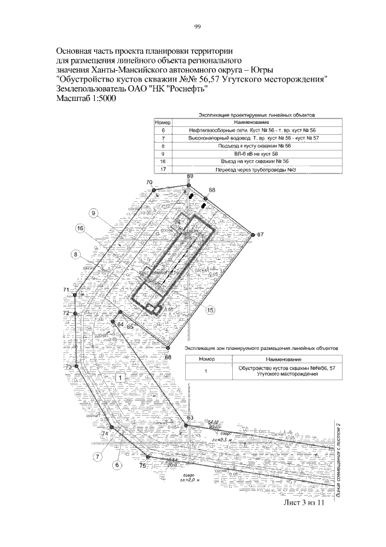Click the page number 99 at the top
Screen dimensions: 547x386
coord(197,26)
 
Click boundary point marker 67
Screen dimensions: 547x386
coord(252,233)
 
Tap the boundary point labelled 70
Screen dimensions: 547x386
coord(154,189)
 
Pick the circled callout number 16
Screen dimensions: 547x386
coord(80,228)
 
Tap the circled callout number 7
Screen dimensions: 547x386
coord(96,457)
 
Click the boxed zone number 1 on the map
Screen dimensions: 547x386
coord(120,378)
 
